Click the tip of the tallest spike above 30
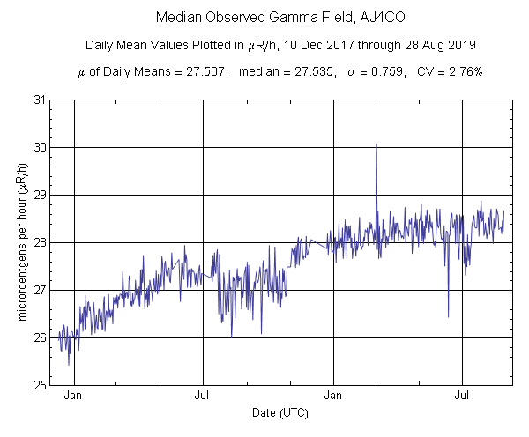376,144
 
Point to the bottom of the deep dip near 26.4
448,317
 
